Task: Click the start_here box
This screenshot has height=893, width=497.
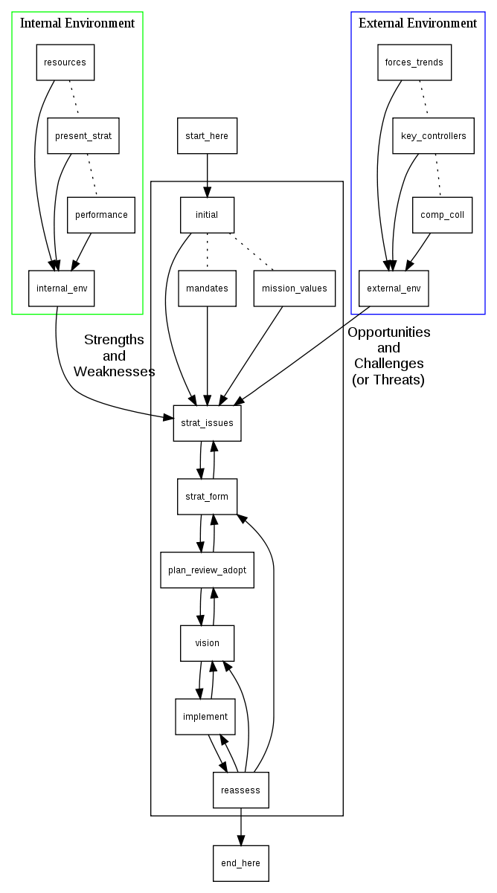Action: [207, 136]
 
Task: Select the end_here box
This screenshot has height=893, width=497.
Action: [240, 863]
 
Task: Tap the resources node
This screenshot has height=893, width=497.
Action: [65, 62]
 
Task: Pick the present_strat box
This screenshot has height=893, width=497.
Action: [83, 136]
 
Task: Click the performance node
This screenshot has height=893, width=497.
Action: [100, 215]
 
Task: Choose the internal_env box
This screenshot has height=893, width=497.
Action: [62, 288]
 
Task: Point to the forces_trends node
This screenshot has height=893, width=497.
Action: [414, 62]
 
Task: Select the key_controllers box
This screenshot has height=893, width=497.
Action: [433, 136]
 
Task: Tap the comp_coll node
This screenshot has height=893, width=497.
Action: [442, 215]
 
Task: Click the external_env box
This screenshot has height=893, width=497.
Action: [394, 288]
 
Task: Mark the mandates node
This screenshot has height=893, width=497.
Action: [207, 288]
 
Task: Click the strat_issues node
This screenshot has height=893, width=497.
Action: [207, 423]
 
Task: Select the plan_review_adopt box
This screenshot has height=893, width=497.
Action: [207, 570]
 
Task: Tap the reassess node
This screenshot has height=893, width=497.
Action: [240, 790]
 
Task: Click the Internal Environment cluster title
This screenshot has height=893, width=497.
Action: [77, 23]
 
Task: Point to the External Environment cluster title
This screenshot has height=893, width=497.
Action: [417, 23]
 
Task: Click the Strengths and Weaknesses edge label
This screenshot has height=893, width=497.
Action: [114, 355]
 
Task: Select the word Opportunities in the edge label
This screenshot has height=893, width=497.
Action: [389, 332]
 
